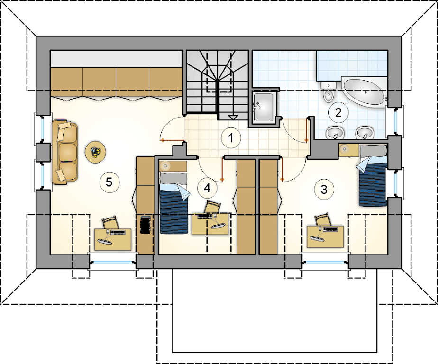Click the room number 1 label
pos(231,138)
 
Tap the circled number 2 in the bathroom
pos(338,112)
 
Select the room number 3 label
pos(324,190)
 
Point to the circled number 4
pos(207,188)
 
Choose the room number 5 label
pos(109,182)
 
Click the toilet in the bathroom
pos(328,92)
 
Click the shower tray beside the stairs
pos(264,108)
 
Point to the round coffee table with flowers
pos(96,152)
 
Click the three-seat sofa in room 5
pos(65,152)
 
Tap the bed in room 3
pos(373,175)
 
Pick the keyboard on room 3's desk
pos(330,229)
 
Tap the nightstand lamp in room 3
pos(345,149)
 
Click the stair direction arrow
pos(233,118)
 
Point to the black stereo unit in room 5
pos(145,224)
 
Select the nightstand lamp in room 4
pos(165,166)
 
